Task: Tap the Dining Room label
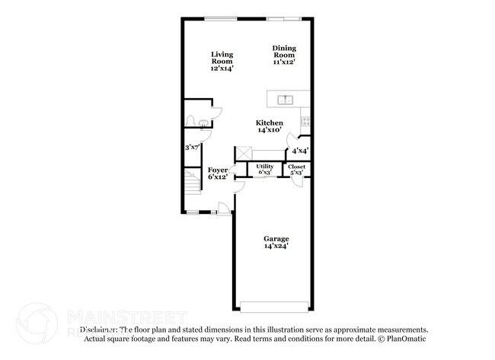(283, 55)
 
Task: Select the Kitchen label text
(270, 123)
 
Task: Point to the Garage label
(276, 239)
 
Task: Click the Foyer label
(218, 170)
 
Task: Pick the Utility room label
(264, 166)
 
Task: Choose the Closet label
(296, 166)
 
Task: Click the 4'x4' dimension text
(300, 151)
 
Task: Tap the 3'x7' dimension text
(193, 147)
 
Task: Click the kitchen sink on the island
(286, 99)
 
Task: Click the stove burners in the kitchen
(306, 120)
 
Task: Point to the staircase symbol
(191, 182)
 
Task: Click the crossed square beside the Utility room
(244, 152)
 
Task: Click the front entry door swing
(222, 209)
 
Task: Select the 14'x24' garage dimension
(276, 247)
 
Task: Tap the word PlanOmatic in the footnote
(408, 338)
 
